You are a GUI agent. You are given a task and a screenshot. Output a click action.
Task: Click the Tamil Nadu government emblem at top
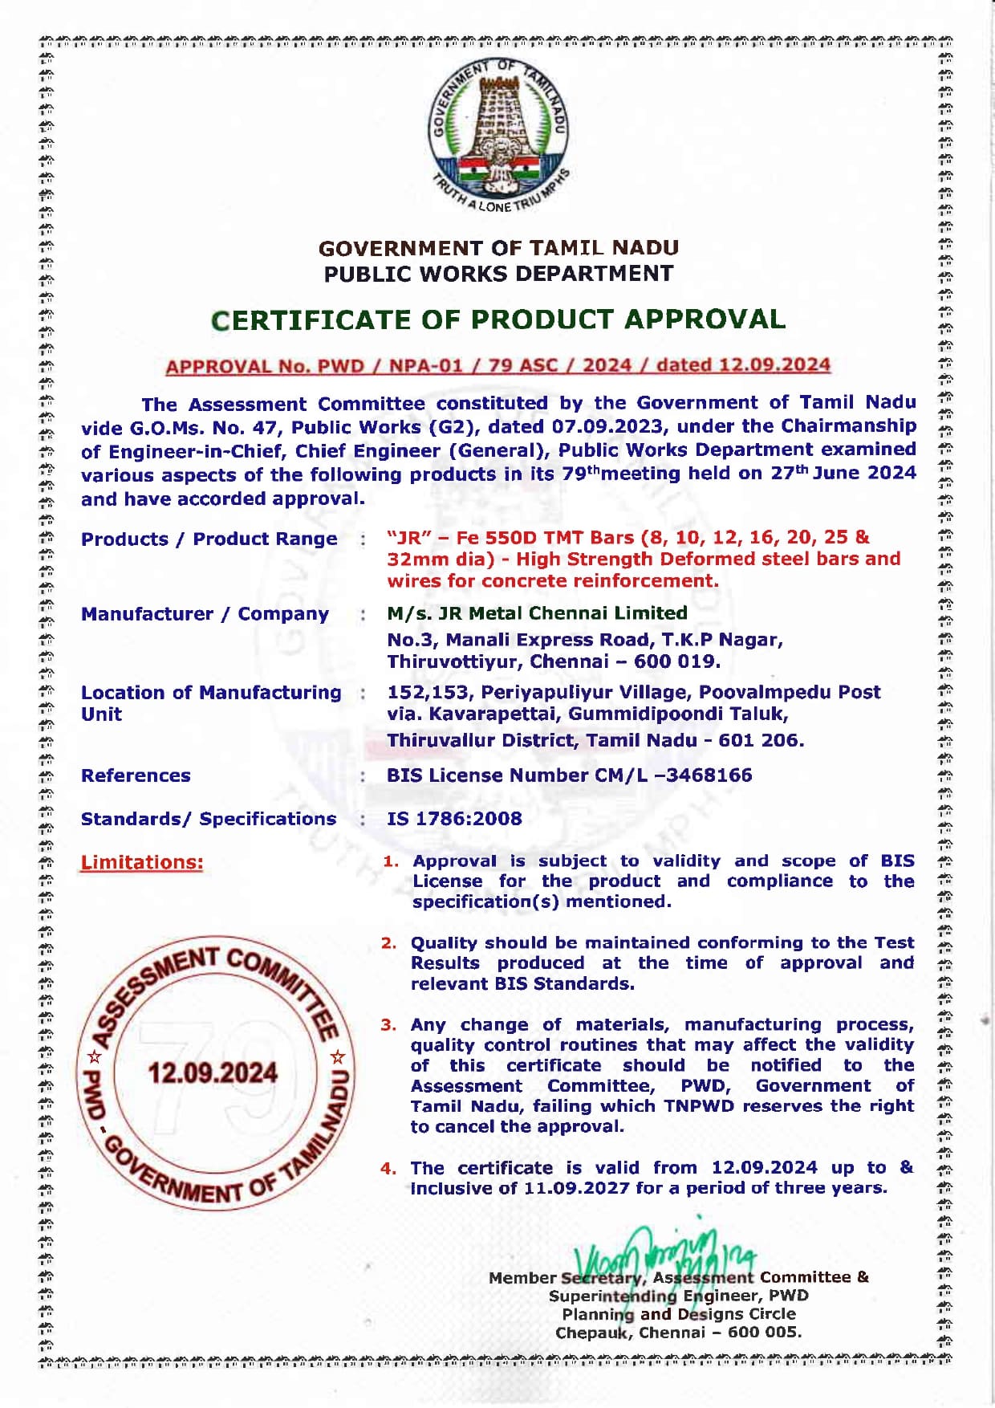(499, 132)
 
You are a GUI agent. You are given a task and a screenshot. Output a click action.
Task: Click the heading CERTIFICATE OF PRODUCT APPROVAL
(498, 319)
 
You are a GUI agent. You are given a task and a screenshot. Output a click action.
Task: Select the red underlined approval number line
(497, 366)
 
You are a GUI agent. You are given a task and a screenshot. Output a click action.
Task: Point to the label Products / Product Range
(209, 539)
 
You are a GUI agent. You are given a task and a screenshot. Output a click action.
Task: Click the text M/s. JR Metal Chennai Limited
(537, 613)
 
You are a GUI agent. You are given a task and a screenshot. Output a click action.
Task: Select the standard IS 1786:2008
(454, 819)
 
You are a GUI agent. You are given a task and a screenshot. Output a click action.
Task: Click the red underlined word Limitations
(142, 862)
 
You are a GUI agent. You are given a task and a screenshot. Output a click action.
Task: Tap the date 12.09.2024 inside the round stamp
(213, 1073)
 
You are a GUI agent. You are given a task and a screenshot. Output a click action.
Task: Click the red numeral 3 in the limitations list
(388, 1025)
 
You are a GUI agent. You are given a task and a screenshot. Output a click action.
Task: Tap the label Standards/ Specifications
(209, 819)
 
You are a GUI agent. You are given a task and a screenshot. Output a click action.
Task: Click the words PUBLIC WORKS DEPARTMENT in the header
(498, 274)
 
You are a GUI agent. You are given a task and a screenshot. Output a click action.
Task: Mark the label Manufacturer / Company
(205, 614)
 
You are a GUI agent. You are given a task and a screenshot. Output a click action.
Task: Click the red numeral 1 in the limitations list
(390, 861)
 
